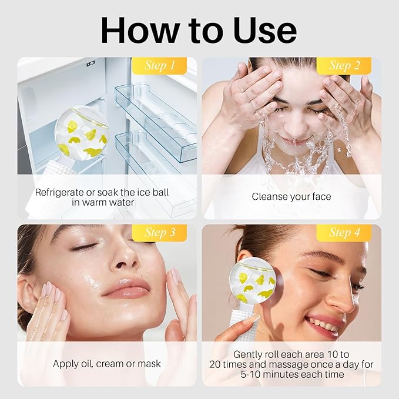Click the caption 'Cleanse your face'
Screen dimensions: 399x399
pyautogui.click(x=291, y=197)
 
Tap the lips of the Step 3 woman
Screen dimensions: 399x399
pyautogui.click(x=128, y=288)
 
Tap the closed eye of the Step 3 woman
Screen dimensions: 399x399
pyautogui.click(x=83, y=247)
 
